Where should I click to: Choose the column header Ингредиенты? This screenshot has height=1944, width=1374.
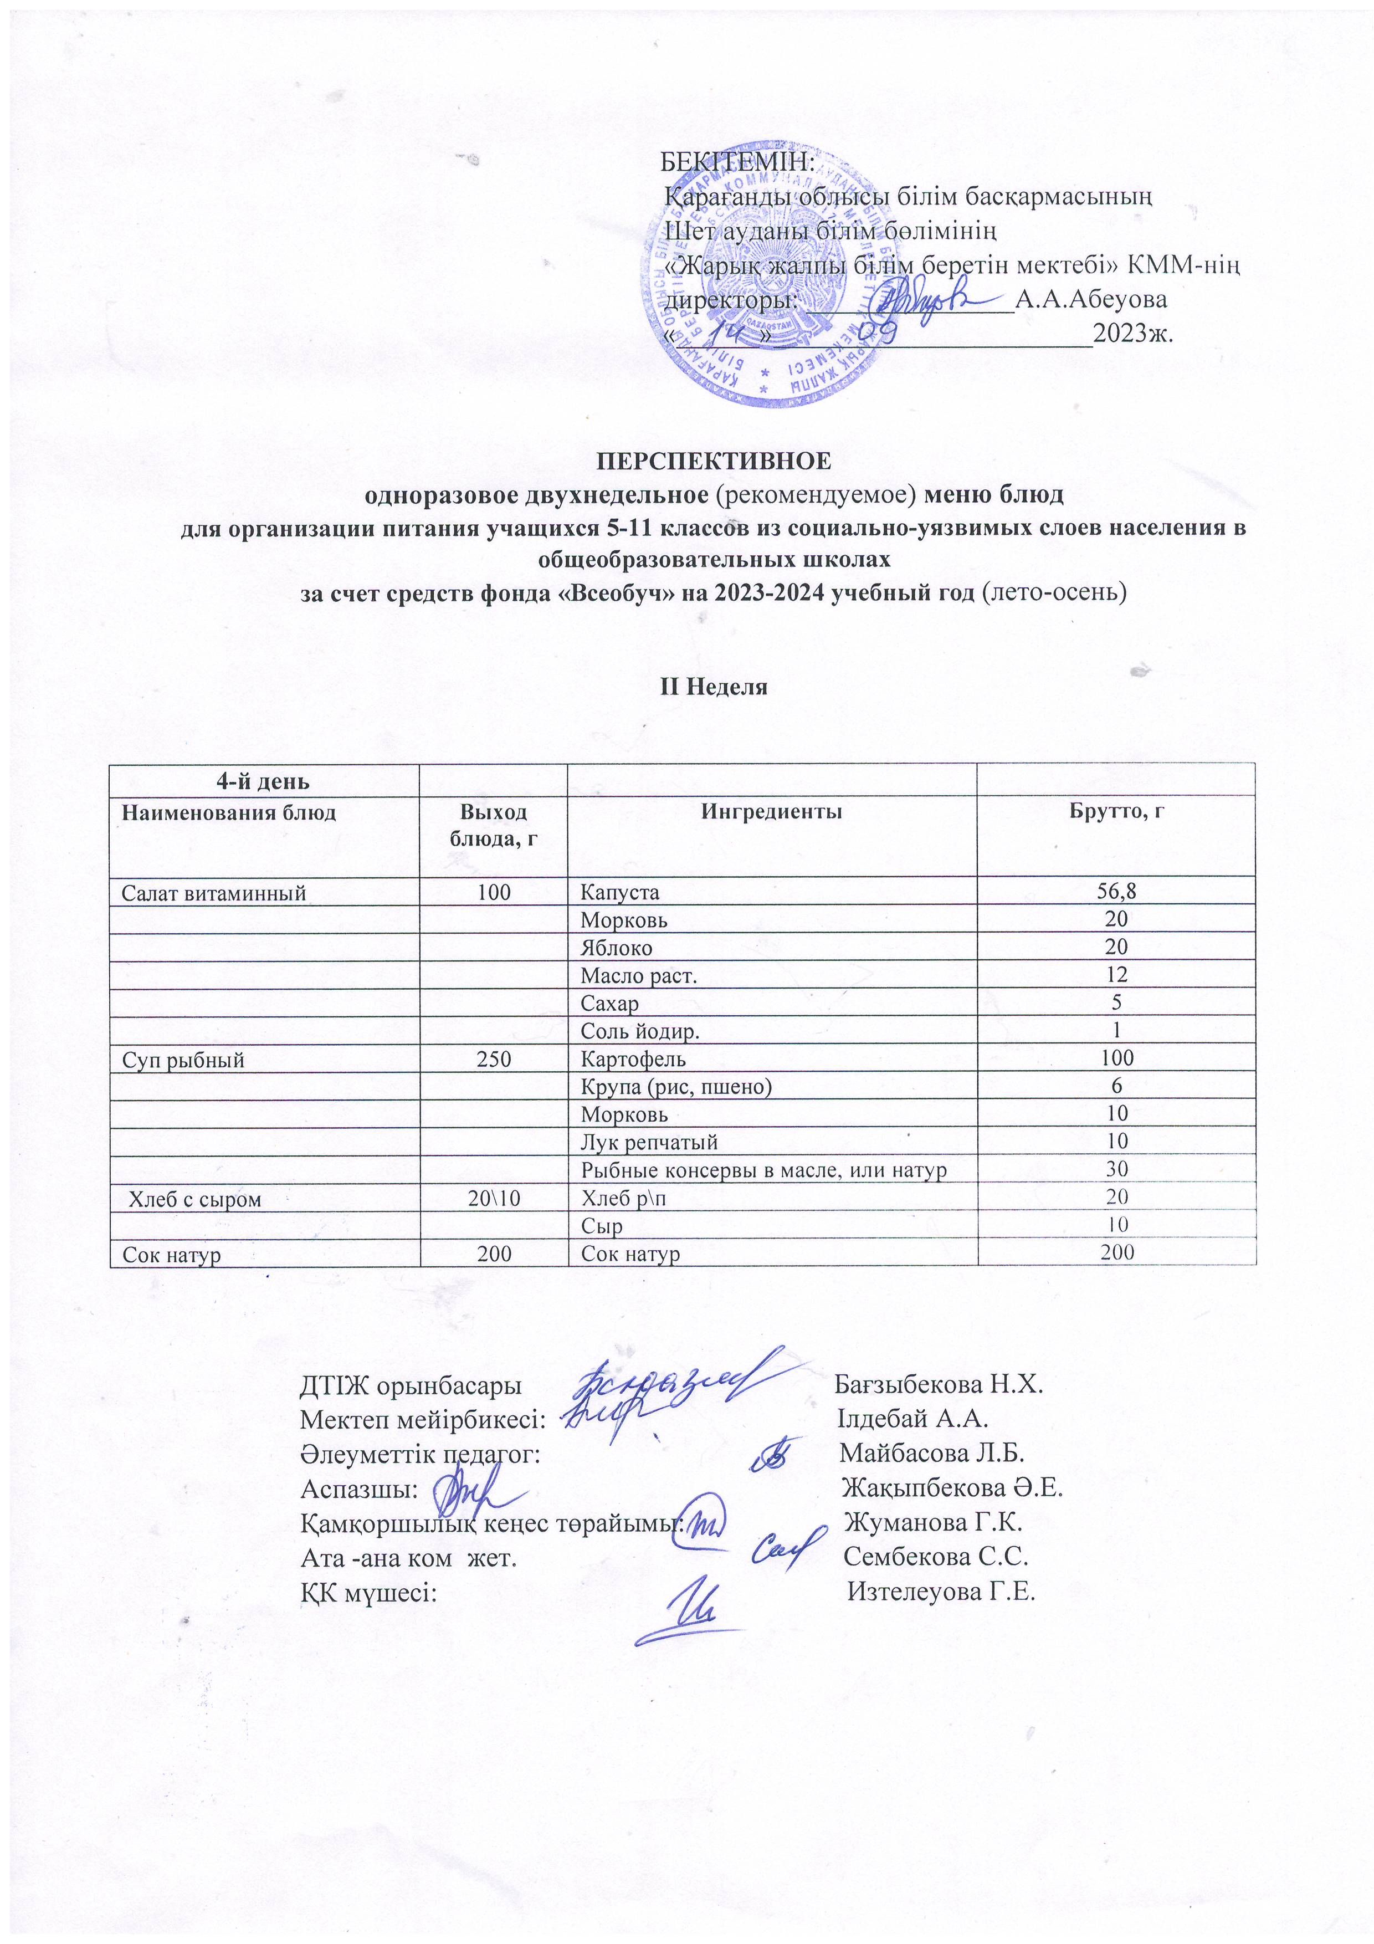(x=771, y=813)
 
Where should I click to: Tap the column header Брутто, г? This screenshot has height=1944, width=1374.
(x=1115, y=813)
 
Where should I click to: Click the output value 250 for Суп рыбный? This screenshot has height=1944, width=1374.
(x=494, y=1058)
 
